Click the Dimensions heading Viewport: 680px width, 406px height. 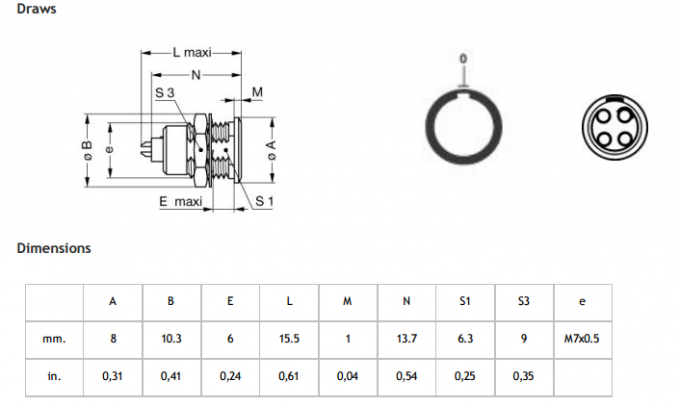pos(53,248)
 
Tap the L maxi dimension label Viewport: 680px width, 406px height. pos(191,51)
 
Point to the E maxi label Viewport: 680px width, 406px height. pos(180,201)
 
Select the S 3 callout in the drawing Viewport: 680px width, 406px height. pos(165,93)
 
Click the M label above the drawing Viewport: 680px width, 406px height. pos(257,93)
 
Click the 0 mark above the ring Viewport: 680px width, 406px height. pos(463,59)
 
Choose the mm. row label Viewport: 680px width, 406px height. pos(54,339)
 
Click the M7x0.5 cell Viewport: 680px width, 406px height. pos(582,339)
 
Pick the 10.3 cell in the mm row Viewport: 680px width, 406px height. pos(171,339)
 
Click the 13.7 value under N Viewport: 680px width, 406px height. pos(406,339)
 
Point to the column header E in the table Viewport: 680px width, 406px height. pos(230,301)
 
